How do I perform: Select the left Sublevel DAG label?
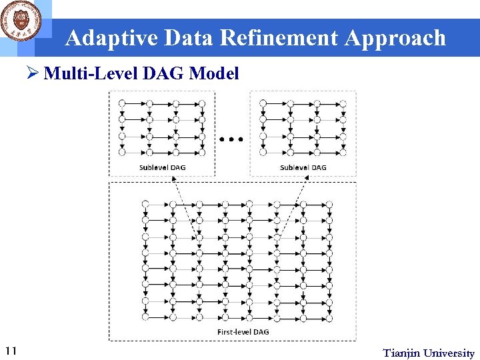click(x=162, y=167)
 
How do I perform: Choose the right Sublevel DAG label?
click(x=303, y=167)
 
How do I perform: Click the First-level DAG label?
click(x=243, y=331)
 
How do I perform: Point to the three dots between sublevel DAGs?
click(x=231, y=139)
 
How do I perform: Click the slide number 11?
click(x=11, y=351)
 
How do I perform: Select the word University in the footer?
click(x=449, y=353)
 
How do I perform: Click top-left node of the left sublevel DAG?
click(x=121, y=103)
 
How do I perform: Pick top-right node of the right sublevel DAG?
click(x=343, y=103)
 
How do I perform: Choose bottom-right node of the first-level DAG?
click(x=328, y=317)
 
